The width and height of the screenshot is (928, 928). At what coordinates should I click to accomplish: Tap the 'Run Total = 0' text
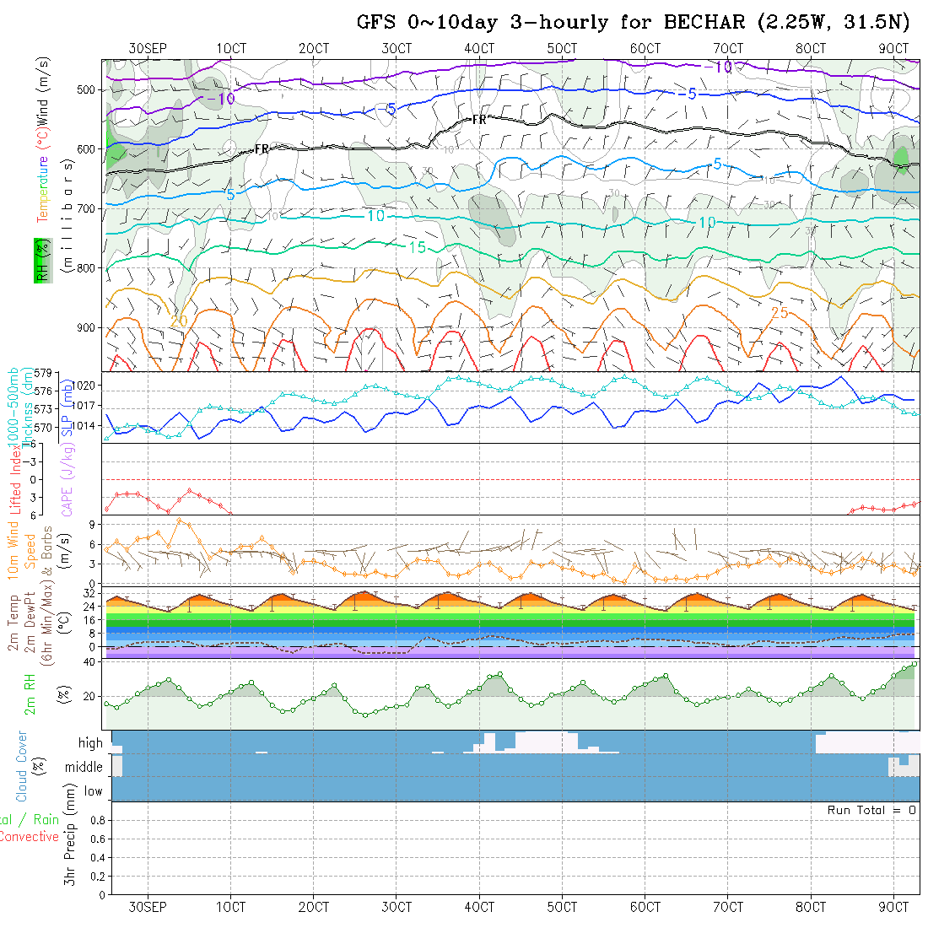[x=871, y=810]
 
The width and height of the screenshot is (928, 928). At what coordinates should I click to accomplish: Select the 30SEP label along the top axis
[x=148, y=49]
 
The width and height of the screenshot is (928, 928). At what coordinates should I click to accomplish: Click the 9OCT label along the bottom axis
[x=893, y=907]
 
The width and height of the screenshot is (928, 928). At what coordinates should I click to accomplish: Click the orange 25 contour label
[x=780, y=313]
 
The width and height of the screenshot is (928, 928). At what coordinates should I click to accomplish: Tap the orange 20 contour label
[x=178, y=321]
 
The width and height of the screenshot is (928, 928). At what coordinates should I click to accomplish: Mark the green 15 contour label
[x=417, y=247]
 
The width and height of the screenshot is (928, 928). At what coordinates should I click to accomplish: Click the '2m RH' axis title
[x=30, y=695]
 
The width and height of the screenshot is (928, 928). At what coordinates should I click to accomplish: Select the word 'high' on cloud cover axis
[x=90, y=743]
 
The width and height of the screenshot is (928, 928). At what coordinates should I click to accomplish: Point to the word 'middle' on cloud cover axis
[x=84, y=768]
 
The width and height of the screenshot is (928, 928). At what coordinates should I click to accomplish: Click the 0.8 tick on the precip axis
[x=96, y=820]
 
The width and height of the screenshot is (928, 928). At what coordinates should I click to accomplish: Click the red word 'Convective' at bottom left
[x=29, y=837]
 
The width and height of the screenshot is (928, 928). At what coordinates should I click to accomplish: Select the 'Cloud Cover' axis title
[x=22, y=765]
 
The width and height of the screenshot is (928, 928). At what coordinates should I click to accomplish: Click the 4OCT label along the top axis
[x=478, y=49]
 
